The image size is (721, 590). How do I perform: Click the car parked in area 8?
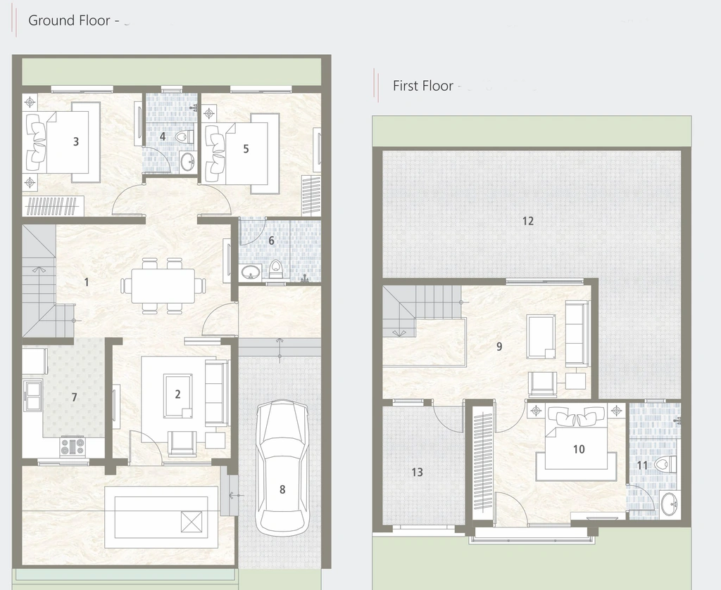(x=282, y=468)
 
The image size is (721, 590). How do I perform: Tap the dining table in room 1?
(x=163, y=286)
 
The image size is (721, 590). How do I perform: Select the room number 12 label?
(x=528, y=221)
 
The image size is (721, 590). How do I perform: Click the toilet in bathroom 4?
(x=184, y=136)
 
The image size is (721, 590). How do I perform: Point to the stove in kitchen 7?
(x=73, y=447)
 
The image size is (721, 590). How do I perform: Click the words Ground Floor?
(x=69, y=20)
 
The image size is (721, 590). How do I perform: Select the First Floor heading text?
(x=423, y=86)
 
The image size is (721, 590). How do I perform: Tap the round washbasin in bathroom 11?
(x=669, y=505)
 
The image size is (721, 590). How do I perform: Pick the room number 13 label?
(x=417, y=472)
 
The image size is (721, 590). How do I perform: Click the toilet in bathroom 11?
(x=666, y=465)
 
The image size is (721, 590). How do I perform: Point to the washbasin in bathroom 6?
(x=251, y=272)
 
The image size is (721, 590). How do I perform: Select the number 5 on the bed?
(x=246, y=149)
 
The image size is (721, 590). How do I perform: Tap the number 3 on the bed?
(x=76, y=141)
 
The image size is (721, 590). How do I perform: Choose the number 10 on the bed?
(x=579, y=449)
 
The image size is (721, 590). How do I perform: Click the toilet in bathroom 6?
(x=275, y=269)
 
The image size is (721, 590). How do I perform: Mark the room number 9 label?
(x=499, y=347)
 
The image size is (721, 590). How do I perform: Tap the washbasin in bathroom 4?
(x=187, y=161)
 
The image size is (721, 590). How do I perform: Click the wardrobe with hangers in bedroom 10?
(x=484, y=463)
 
